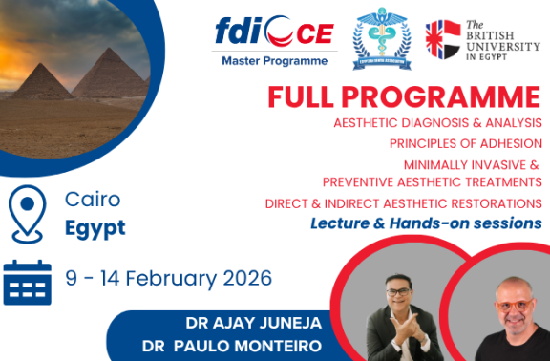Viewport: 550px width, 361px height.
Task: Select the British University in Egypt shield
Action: [x=442, y=37]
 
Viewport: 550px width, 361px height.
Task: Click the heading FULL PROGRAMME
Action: [x=403, y=97]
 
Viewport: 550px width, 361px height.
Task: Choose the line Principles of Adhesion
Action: [x=466, y=144]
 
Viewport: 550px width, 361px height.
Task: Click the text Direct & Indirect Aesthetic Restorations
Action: [x=403, y=203]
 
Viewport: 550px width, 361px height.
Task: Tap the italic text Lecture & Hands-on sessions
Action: [x=425, y=223]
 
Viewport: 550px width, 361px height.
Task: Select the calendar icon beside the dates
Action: [x=28, y=280]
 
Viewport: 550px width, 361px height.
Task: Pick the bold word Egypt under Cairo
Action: [x=95, y=229]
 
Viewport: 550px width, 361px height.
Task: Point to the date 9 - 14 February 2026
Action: [x=169, y=279]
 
